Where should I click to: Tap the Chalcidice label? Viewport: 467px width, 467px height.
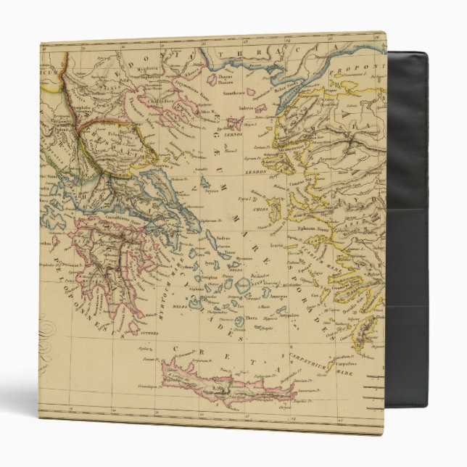click(165, 108)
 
